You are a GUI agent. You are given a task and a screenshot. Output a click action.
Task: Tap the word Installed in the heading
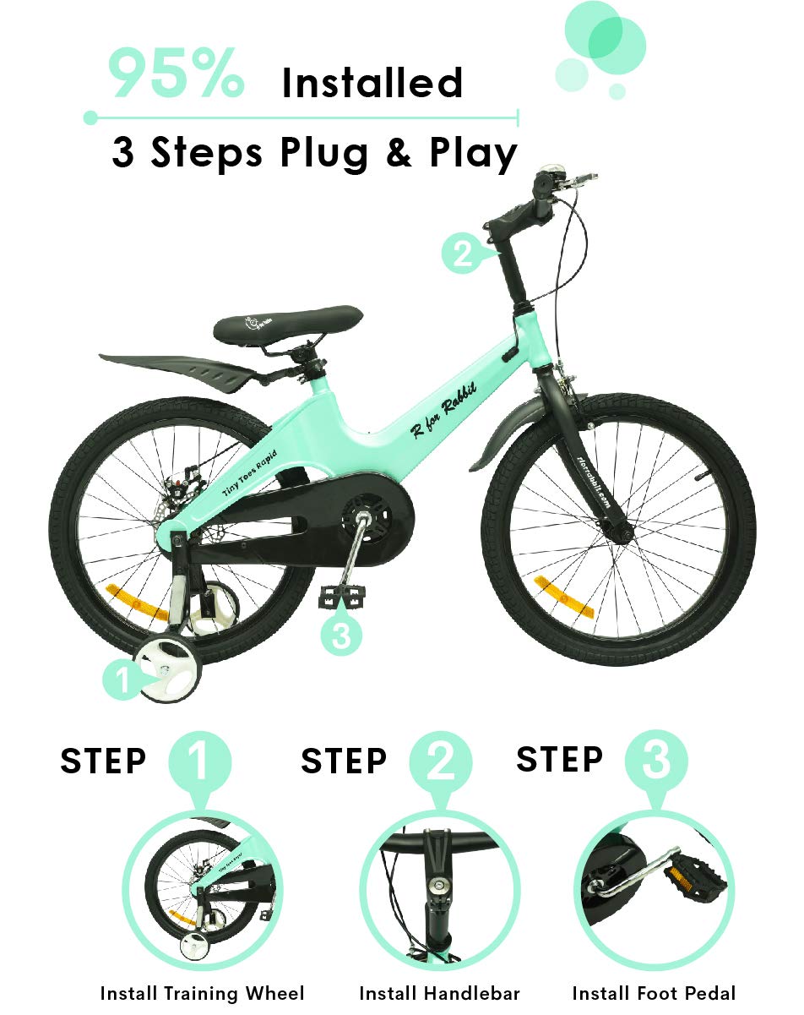point(372,84)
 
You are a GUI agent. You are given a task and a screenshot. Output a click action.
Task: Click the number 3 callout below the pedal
point(340,636)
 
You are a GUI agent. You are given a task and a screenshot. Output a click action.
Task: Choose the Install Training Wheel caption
point(202,993)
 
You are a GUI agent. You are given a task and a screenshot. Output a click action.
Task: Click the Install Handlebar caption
point(439,993)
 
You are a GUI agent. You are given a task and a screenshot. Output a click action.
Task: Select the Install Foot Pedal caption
point(654,993)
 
